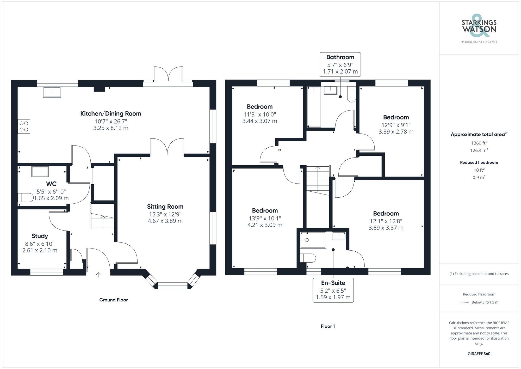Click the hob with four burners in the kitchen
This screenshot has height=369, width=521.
[24, 126]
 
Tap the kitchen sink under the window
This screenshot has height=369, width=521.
[52, 92]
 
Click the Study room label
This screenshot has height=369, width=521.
[40, 236]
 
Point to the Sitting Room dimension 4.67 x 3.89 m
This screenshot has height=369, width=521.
[165, 221]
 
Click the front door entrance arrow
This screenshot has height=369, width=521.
[98, 275]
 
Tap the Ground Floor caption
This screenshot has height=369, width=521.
[113, 300]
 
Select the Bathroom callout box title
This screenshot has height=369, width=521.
[340, 57]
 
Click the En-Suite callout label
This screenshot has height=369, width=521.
[333, 283]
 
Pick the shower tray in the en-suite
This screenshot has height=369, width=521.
[313, 240]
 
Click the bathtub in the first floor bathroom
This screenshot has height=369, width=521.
[314, 107]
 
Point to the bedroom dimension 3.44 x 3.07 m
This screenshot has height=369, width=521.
[259, 121]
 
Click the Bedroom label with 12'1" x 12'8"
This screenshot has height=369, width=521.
[386, 214]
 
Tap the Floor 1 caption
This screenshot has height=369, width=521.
[328, 326]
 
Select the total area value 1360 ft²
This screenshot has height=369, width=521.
[479, 143]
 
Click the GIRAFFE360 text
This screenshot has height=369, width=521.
[479, 354]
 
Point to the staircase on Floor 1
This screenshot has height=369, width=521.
[318, 180]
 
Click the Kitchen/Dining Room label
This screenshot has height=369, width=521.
[110, 114]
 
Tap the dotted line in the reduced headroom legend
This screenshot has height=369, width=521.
[464, 303]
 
